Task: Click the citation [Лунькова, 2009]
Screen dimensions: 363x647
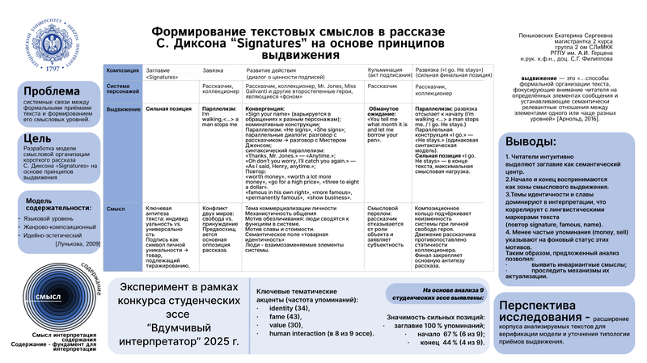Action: (78, 243)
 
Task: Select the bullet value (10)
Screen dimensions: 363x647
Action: (285, 324)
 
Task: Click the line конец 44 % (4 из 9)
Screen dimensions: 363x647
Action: (452, 342)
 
